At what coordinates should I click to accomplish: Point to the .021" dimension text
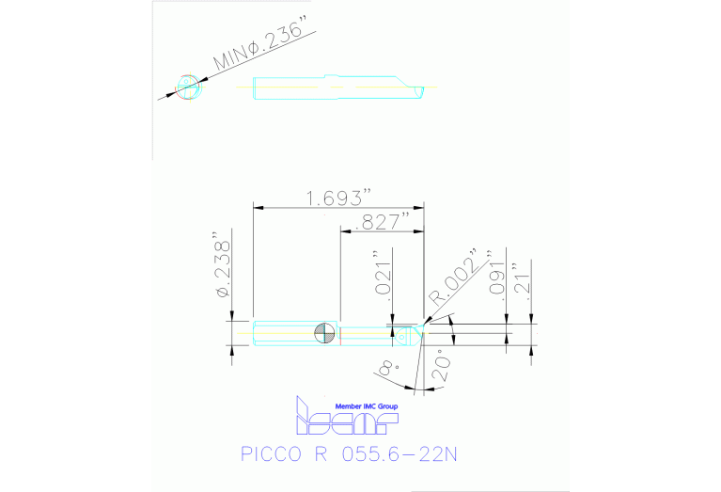coord(381,274)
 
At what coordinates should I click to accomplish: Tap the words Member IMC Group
coord(360,405)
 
